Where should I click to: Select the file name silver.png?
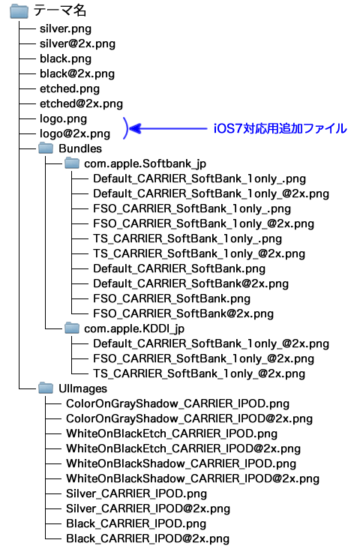(65, 29)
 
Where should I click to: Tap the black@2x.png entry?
(77, 73)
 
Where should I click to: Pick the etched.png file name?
(70, 88)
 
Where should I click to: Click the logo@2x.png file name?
(75, 133)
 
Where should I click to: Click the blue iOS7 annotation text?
(280, 128)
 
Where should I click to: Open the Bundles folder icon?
(46, 148)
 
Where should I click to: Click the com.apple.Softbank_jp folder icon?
(72, 163)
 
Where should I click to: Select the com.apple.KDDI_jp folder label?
(134, 328)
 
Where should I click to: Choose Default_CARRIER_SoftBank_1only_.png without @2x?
(199, 178)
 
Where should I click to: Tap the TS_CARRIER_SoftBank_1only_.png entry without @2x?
(187, 239)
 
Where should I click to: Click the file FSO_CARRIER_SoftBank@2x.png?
(183, 314)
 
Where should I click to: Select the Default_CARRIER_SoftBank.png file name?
(179, 269)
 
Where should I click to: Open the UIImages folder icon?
(46, 388)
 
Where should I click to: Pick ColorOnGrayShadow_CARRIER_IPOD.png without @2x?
(178, 403)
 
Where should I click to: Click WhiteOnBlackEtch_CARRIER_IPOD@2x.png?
(183, 448)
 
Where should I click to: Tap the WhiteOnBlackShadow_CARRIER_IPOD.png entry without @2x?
(181, 463)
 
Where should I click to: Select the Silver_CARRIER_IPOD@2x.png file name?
(148, 508)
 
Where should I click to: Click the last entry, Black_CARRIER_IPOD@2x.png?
(148, 538)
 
